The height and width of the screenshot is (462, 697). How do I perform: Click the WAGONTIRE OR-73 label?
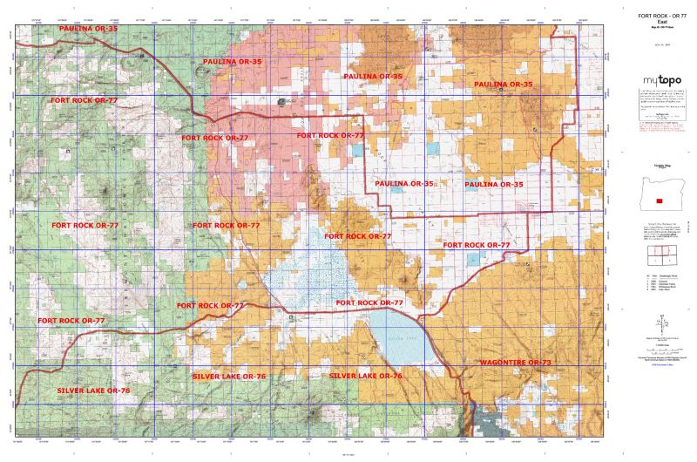pos(515,361)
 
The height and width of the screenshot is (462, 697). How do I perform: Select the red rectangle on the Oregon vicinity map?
pos(659,201)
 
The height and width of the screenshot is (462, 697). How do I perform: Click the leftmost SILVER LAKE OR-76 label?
pos(93,391)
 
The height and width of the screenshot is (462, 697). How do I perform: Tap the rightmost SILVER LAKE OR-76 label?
pos(366,375)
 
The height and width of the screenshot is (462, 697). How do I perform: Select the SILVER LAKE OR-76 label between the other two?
pos(228,375)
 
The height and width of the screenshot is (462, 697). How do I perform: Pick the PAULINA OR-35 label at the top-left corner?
pos(87,29)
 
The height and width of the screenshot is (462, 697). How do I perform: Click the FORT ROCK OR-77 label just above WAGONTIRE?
pos(476,245)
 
